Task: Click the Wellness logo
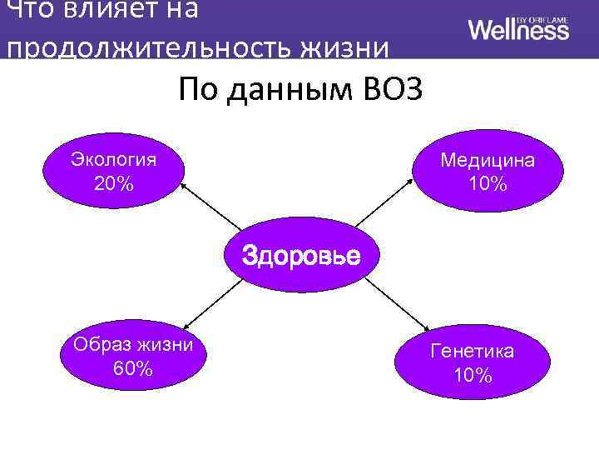coord(518,29)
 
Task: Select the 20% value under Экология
coord(114,183)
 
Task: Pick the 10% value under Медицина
coord(488,183)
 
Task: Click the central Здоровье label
coord(301,255)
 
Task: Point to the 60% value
coord(132,368)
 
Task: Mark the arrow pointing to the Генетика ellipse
coord(394,305)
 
